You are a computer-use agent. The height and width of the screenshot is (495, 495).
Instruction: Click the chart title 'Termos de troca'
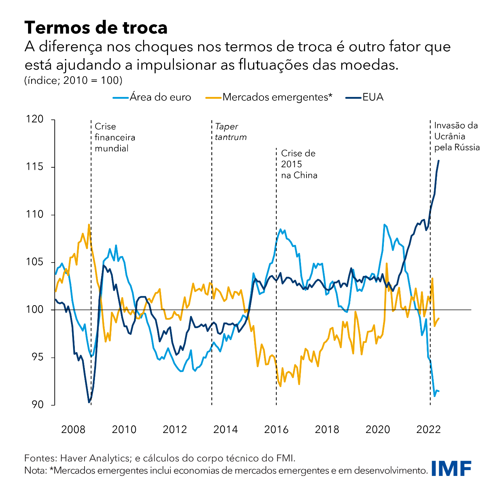coord(96,28)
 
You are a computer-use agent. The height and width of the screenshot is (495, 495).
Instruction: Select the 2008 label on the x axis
coord(73,430)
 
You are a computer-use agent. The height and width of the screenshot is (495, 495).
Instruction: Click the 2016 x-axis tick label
coord(276,430)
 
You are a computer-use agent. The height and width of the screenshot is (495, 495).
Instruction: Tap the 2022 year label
coord(428,430)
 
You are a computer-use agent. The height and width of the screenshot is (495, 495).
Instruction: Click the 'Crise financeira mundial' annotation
coord(115,137)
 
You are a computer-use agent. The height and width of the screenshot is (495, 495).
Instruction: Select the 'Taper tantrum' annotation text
coord(231,132)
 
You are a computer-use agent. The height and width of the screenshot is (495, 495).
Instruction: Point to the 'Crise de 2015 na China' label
coord(299,164)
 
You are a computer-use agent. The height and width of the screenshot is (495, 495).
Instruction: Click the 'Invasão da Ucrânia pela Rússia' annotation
coord(457,136)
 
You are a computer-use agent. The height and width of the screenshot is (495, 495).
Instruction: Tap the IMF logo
coord(451,468)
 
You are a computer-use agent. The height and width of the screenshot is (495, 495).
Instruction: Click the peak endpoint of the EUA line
coord(439,161)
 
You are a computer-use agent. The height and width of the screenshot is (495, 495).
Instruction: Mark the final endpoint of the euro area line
coord(439,391)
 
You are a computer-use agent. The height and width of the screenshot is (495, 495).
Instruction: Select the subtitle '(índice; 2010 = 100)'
coord(73,80)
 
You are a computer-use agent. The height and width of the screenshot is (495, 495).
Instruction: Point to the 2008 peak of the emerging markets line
coord(89,224)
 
